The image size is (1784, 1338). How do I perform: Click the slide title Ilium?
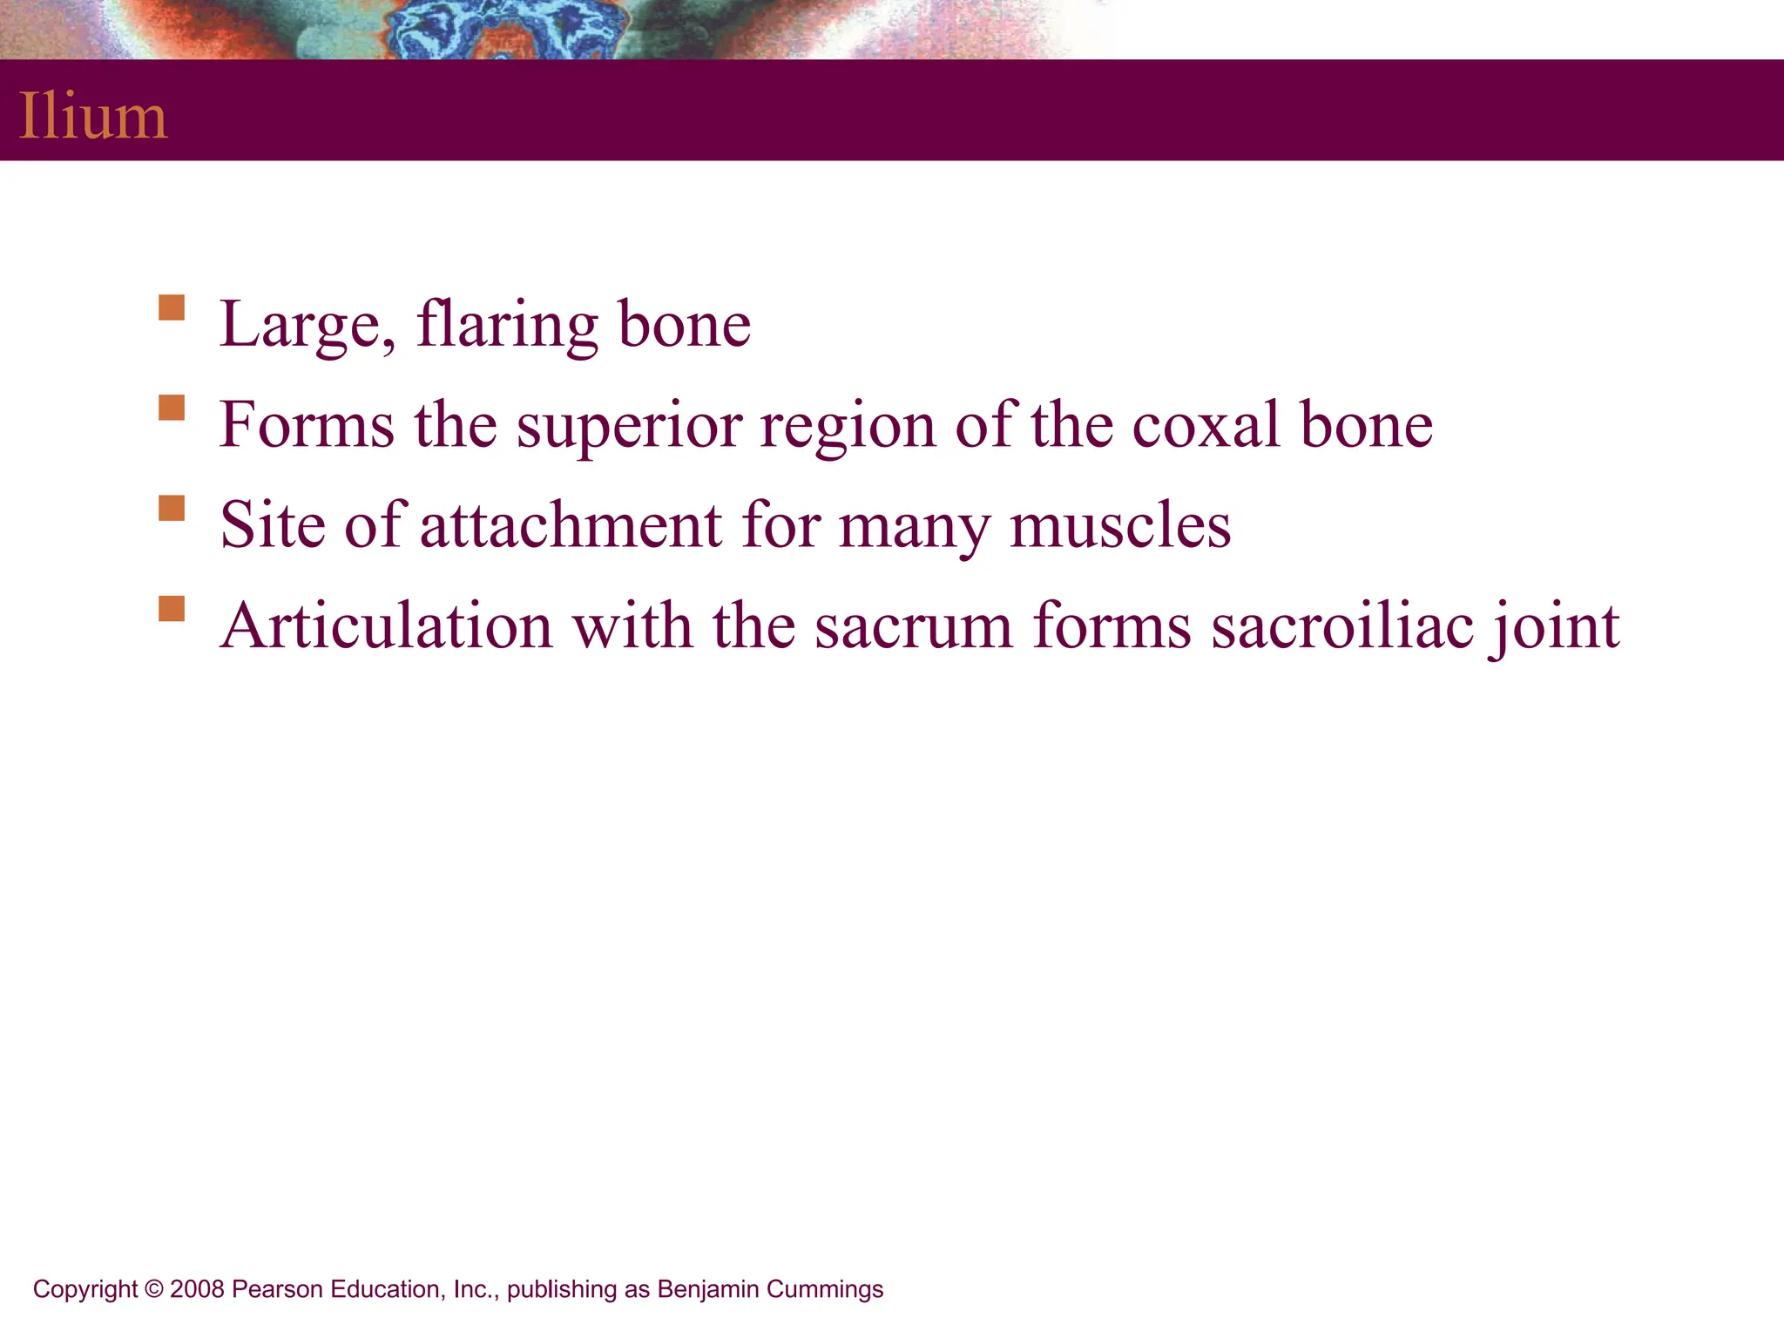click(x=93, y=116)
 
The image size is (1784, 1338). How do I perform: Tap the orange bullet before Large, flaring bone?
click(x=172, y=308)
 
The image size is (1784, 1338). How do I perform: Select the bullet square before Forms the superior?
click(x=172, y=409)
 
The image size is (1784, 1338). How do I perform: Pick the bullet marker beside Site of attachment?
click(x=172, y=509)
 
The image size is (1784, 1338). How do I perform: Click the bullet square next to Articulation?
click(x=172, y=608)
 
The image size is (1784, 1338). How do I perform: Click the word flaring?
click(x=507, y=325)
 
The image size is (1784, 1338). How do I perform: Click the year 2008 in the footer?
click(x=197, y=1289)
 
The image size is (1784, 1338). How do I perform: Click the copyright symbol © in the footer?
click(x=154, y=1289)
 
